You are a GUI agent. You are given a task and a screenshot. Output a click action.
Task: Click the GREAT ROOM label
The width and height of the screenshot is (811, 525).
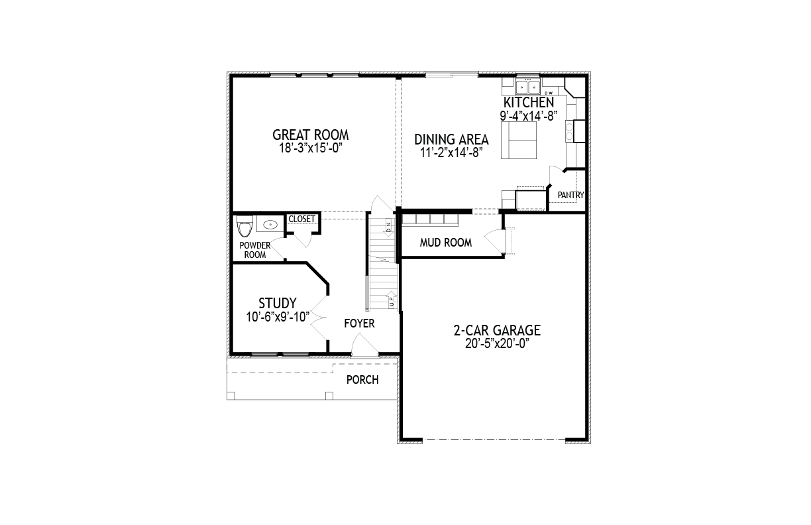point(310,135)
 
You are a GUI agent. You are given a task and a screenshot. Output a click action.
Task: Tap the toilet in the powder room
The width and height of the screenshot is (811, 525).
point(244,226)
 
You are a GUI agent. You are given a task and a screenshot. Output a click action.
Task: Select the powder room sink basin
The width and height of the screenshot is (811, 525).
point(270,225)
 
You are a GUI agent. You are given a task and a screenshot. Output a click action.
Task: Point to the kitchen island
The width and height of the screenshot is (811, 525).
point(518,141)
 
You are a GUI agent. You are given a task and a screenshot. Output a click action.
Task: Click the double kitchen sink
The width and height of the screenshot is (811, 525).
point(528,87)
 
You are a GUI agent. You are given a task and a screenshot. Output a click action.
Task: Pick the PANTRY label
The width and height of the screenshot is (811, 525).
point(570,195)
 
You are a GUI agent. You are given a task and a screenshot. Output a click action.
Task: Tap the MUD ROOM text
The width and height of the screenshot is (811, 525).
point(446,243)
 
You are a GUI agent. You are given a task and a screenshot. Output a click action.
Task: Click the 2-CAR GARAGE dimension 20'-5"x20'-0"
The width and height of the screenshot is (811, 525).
point(497,343)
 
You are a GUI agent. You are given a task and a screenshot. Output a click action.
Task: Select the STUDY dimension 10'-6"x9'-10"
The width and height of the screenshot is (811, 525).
point(278,317)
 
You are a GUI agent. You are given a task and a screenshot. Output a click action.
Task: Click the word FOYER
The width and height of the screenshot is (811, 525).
point(359,323)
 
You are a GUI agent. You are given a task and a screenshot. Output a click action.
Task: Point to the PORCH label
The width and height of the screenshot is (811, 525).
point(362,380)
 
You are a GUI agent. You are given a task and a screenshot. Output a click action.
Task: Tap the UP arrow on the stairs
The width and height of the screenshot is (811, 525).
point(392,299)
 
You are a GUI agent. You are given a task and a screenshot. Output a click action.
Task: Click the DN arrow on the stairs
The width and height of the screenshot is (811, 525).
point(388,227)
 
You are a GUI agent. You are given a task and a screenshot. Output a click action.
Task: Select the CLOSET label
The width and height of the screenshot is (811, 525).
point(301,219)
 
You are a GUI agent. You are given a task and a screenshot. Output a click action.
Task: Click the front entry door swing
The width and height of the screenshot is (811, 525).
point(364,344)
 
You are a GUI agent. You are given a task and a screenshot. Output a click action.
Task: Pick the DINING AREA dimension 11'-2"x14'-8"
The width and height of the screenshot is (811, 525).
point(451,152)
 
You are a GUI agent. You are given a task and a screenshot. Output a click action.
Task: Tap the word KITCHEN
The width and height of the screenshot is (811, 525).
point(528,103)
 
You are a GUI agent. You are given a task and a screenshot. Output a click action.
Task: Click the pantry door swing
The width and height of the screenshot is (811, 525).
point(556,176)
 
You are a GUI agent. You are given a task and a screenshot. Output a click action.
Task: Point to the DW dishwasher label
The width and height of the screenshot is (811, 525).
point(549,93)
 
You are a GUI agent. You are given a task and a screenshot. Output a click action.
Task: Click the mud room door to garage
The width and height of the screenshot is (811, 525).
point(494,241)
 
